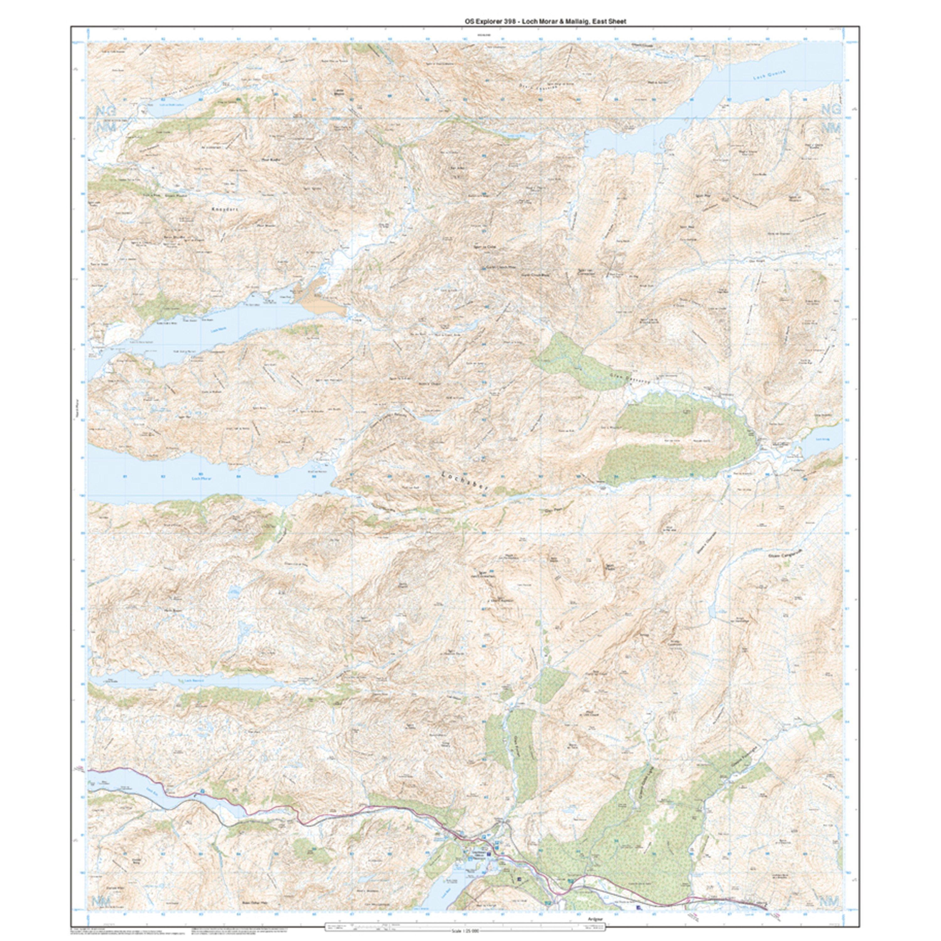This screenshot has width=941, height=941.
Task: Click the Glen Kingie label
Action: [x=754, y=261]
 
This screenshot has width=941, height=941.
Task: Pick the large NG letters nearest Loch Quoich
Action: [x=831, y=110]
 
